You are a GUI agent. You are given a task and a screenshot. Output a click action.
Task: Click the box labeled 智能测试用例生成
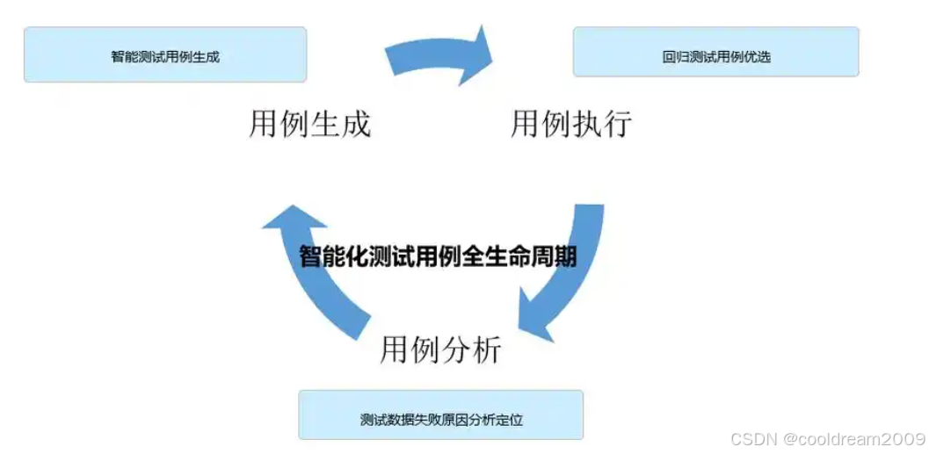click(x=165, y=55)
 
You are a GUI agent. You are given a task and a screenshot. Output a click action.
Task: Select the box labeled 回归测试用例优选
click(x=715, y=53)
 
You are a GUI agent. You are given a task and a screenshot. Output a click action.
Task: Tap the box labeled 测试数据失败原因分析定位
click(x=440, y=415)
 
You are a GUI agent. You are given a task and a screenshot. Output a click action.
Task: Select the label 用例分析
click(x=440, y=349)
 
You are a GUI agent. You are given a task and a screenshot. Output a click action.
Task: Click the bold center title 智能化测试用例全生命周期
click(x=438, y=256)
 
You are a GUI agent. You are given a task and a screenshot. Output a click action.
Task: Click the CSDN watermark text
click(x=750, y=438)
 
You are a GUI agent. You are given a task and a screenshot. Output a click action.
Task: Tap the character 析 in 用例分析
click(x=487, y=349)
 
